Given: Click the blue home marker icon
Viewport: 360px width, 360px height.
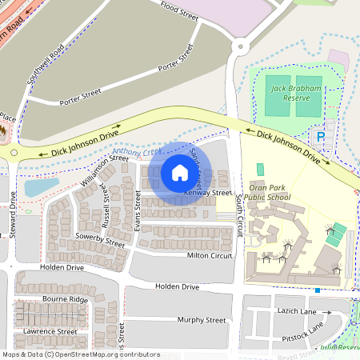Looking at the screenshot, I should [180, 173].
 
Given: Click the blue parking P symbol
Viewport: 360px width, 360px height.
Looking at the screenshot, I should [322, 137].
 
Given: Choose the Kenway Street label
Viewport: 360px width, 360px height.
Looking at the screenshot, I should [208, 193].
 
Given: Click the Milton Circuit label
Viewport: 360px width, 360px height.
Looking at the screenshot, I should [210, 255].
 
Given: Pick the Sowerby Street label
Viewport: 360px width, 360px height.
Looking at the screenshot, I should [101, 240].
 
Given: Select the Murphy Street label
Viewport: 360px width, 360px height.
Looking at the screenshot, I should [202, 320].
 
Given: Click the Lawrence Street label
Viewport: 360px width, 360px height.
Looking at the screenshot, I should [50, 330].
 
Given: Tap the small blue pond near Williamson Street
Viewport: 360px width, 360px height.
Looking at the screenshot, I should [41, 187].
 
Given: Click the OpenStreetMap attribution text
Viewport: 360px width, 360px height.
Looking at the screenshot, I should [81, 354].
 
